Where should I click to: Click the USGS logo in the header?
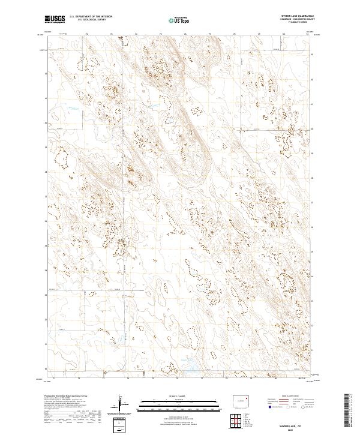coord(55,19)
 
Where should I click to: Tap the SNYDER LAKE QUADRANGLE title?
coord(298,16)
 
